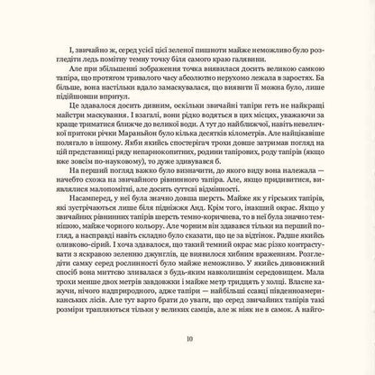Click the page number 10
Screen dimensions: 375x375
click(x=187, y=339)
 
